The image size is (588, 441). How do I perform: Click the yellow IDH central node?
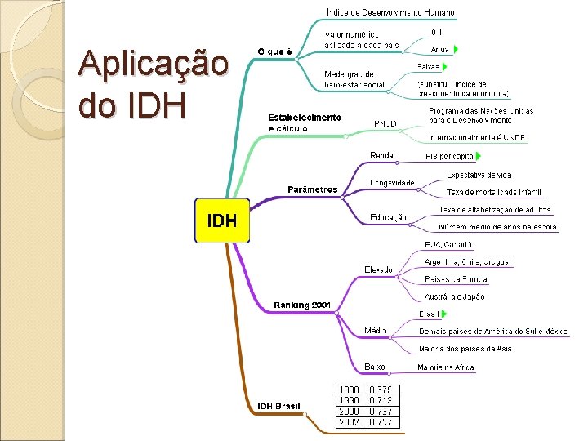(222, 220)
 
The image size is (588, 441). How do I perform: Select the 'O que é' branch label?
(275, 51)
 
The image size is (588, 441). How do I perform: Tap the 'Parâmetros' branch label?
(312, 189)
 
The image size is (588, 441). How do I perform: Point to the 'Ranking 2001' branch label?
(302, 305)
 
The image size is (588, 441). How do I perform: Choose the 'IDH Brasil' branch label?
(278, 406)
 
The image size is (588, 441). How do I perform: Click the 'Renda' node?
(381, 155)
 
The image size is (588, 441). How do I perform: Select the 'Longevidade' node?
(392, 183)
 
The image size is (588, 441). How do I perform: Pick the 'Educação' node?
(388, 217)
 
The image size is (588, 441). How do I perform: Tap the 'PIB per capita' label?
(449, 155)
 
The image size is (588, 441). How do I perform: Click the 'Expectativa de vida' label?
(479, 175)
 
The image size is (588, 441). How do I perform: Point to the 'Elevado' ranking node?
(378, 269)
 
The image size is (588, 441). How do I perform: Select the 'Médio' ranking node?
(376, 331)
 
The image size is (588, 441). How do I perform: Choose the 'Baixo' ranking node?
(375, 367)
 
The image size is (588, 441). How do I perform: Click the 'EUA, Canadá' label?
(448, 244)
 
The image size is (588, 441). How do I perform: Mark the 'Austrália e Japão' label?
(454, 296)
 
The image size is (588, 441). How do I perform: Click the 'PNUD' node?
(385, 123)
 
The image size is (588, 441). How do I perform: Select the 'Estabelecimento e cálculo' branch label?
(305, 122)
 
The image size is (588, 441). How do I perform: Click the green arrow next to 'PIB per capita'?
(479, 155)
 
